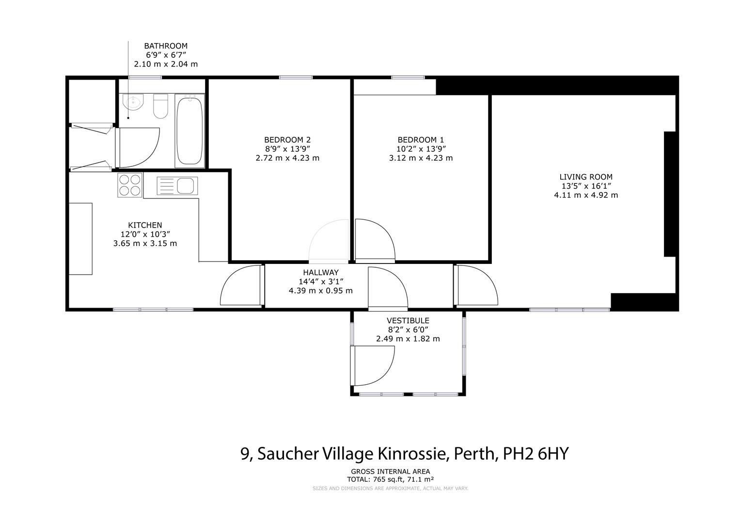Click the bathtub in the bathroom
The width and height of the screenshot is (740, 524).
[189, 131]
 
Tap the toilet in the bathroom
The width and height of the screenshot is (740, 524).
[160, 106]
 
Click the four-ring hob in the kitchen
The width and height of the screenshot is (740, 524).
[130, 185]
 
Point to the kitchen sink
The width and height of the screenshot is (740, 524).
[177, 185]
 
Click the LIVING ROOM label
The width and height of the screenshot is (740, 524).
[586, 177]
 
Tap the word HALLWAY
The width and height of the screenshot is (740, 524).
[321, 273]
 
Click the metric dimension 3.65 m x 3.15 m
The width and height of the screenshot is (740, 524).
[145, 243]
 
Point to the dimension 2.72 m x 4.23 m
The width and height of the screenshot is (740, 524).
[287, 158]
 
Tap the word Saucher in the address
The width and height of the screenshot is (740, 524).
[287, 454]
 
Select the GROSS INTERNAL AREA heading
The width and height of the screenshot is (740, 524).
[390, 471]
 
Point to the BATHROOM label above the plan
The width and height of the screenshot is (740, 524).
[166, 46]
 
